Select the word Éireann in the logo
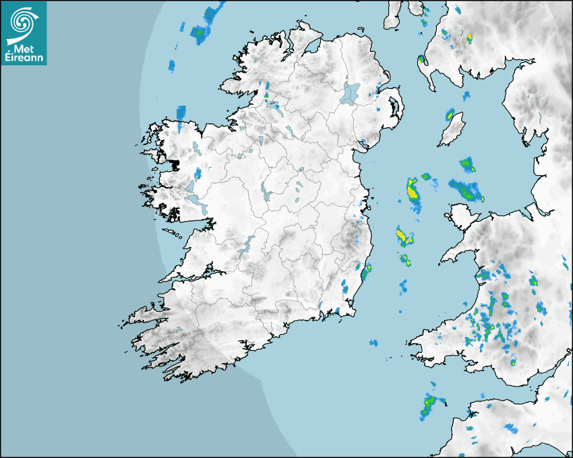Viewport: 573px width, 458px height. click(x=24, y=58)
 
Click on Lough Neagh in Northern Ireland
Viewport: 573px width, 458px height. click(x=351, y=92)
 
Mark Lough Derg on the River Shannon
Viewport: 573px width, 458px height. click(x=247, y=244)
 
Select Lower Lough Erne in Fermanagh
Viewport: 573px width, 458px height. click(x=273, y=108)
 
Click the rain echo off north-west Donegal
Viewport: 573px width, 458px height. click(x=199, y=32)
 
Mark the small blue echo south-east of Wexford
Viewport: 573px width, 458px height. click(x=373, y=343)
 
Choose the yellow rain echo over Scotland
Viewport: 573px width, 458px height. click(x=469, y=36)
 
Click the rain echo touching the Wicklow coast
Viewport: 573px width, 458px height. click(x=366, y=273)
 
